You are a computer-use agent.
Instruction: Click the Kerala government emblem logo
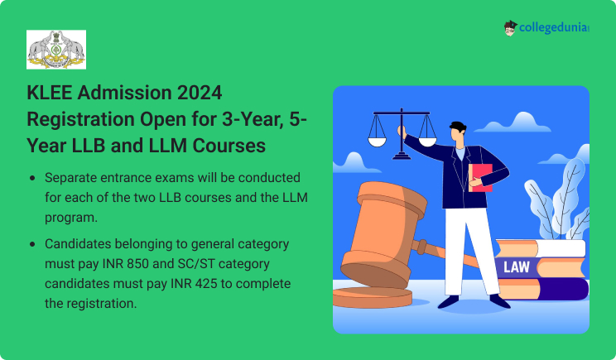(56, 50)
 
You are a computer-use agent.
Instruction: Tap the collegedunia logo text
(554, 28)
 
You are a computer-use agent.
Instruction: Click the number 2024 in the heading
(200, 93)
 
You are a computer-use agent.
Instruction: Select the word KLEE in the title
(49, 93)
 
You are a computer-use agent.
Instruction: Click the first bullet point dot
(32, 178)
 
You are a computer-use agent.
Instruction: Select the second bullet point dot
(32, 245)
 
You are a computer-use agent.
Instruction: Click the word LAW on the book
(516, 267)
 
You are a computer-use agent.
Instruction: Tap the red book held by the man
(480, 177)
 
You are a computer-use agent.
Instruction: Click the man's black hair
(458, 127)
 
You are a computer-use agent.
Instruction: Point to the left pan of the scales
(377, 141)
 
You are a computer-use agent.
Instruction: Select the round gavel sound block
(372, 297)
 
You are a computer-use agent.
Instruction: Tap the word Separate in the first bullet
(70, 178)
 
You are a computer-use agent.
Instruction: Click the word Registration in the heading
(80, 119)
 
